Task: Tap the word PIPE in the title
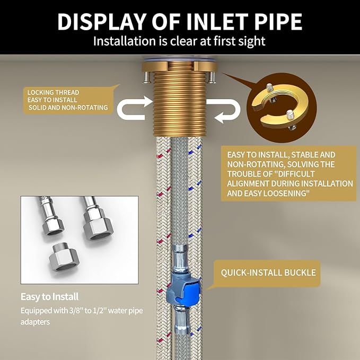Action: [279, 22]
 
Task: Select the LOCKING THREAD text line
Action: [53, 93]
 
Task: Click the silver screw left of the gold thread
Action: [147, 77]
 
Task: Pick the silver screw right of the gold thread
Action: [212, 77]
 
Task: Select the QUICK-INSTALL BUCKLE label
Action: [268, 273]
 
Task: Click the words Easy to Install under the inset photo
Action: [50, 296]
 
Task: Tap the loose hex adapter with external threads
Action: [64, 259]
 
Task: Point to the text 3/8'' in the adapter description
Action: [76, 311]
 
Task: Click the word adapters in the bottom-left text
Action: [36, 322]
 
